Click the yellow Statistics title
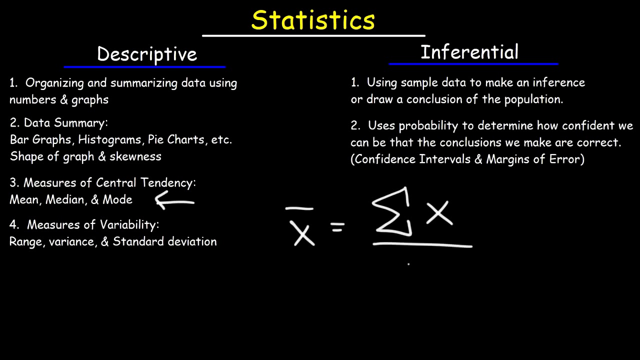[x=313, y=19]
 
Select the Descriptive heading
[x=147, y=54]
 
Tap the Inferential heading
[x=469, y=52]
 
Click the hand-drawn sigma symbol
[x=392, y=211]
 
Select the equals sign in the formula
[x=337, y=227]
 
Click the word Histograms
[x=109, y=139]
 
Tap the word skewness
[x=135, y=156]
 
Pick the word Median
[x=65, y=199]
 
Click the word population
[x=533, y=99]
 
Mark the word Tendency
[x=168, y=183]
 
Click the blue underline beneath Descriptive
[x=144, y=67]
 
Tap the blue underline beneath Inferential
[x=473, y=64]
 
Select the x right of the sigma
[x=439, y=213]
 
